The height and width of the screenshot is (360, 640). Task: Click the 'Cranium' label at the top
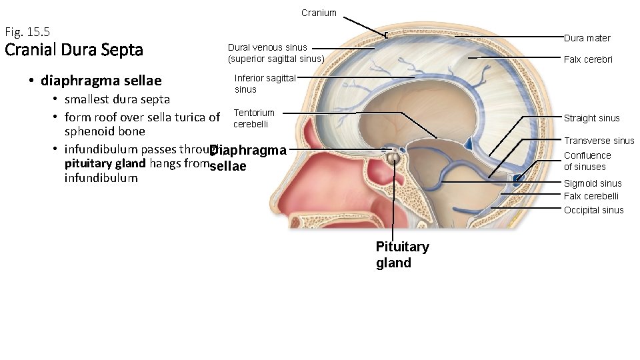pyautogui.click(x=319, y=13)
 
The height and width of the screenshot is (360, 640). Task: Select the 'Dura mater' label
pyautogui.click(x=587, y=38)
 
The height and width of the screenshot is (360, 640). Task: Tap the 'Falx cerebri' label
pyautogui.click(x=588, y=59)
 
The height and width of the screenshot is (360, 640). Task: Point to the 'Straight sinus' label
pyautogui.click(x=591, y=118)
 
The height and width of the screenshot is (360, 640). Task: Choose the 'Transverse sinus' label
pyautogui.click(x=599, y=141)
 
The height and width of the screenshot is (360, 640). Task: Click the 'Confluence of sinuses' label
pyautogui.click(x=587, y=161)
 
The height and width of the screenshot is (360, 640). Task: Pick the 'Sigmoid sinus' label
pyautogui.click(x=592, y=183)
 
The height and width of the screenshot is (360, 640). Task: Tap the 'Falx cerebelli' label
pyautogui.click(x=591, y=196)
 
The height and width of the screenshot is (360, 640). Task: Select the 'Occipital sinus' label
pyautogui.click(x=593, y=210)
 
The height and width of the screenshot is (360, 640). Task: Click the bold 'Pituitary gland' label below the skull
pyautogui.click(x=402, y=255)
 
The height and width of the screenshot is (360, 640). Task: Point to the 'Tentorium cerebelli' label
pyautogui.click(x=253, y=119)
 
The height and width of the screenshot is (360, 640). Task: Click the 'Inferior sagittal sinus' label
pyautogui.click(x=265, y=83)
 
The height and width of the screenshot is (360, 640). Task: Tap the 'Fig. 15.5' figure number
pyautogui.click(x=27, y=31)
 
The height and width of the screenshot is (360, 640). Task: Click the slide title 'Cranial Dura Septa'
pyautogui.click(x=73, y=50)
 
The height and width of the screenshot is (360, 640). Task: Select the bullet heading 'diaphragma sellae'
pyautogui.click(x=101, y=81)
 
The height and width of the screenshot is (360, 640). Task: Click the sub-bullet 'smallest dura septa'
pyautogui.click(x=117, y=99)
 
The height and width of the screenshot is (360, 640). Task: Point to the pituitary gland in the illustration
pyautogui.click(x=394, y=159)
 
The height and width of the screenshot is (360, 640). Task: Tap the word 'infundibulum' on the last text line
pyautogui.click(x=101, y=178)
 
